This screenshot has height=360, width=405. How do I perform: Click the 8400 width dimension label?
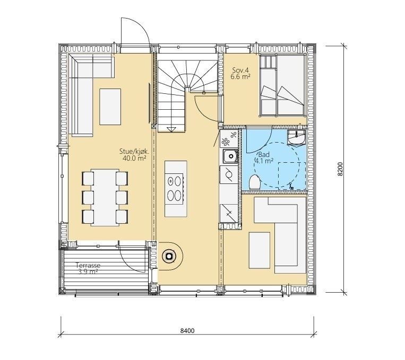pos(187,330)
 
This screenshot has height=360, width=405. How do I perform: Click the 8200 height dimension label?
pos(340,169)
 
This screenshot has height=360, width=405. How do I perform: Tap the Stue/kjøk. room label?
pos(135,151)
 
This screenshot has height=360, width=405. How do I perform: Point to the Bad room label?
pos(264,155)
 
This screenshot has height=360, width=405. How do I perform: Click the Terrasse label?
pos(88,265)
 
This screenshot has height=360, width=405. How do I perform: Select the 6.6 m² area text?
pos(241,76)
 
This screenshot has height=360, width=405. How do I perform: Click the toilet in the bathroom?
pos(255,182)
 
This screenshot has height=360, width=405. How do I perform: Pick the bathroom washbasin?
pos(296,137)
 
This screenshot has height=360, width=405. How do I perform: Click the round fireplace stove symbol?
pos(169,256)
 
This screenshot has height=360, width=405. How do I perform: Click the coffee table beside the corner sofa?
pos(110,107)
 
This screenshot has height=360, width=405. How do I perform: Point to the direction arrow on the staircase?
pos(171,129)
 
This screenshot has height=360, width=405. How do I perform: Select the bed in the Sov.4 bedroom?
pos(282,85)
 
